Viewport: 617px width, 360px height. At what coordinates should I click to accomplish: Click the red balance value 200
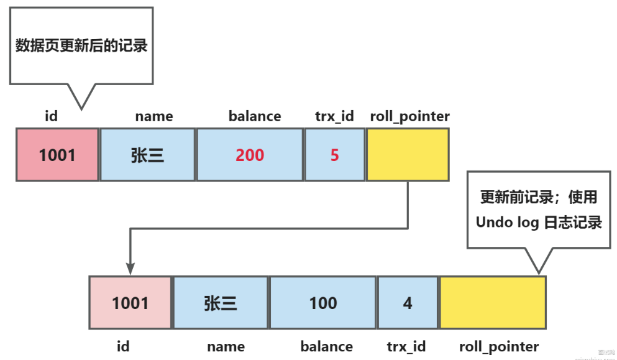click(x=250, y=155)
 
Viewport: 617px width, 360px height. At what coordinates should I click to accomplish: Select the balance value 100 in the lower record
click(x=323, y=303)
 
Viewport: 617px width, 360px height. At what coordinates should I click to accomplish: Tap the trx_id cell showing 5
click(x=334, y=155)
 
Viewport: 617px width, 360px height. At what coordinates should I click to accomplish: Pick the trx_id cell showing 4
click(x=408, y=303)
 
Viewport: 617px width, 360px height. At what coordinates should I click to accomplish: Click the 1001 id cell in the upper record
click(x=57, y=155)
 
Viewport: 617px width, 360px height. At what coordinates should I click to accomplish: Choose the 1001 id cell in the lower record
click(x=130, y=303)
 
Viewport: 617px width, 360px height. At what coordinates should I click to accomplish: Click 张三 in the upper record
click(x=148, y=155)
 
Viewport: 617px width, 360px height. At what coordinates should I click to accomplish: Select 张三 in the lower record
click(x=221, y=303)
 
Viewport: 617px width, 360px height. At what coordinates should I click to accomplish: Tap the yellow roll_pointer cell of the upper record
click(x=408, y=155)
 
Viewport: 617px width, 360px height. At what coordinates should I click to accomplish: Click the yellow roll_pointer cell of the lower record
click(x=493, y=303)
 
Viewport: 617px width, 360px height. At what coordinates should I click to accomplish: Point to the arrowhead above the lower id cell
click(x=130, y=268)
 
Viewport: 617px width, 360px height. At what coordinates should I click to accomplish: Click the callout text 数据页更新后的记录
click(x=81, y=46)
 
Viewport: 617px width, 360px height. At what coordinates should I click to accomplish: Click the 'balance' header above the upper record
click(x=255, y=116)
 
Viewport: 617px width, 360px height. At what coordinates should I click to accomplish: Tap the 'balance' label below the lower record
click(x=327, y=346)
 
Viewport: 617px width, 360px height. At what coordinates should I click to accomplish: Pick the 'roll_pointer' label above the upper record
click(x=409, y=116)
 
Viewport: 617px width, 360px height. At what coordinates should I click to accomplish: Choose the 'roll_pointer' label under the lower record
click(x=499, y=346)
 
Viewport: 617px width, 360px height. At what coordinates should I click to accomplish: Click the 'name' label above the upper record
click(x=154, y=116)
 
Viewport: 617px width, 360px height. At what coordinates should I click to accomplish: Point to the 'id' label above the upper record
click(x=52, y=116)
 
